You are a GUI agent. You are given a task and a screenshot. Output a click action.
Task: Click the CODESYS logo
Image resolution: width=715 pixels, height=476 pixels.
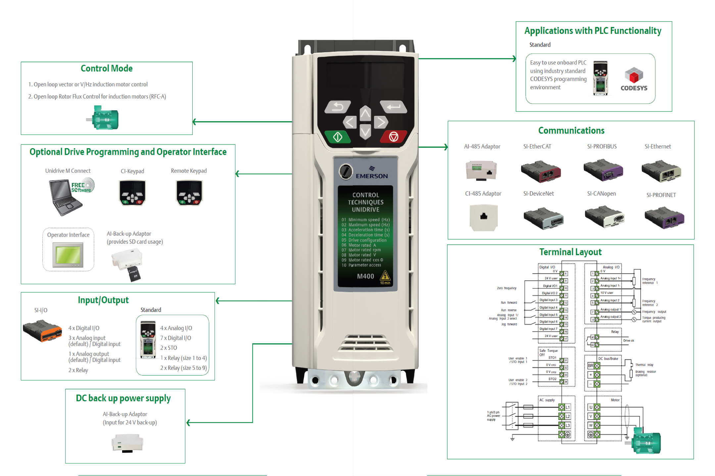pos(634,79)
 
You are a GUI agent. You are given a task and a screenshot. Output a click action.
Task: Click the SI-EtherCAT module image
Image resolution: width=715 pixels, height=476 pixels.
pos(541,171)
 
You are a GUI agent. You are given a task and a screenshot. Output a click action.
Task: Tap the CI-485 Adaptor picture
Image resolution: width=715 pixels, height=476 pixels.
pos(483,217)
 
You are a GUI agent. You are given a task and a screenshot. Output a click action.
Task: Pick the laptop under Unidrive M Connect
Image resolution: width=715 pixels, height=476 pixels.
pos(65,197)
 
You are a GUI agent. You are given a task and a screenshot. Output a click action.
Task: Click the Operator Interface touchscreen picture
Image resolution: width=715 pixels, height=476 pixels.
pos(68,255)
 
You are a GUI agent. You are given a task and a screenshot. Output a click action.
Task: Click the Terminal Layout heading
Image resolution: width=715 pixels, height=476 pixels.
pos(570,252)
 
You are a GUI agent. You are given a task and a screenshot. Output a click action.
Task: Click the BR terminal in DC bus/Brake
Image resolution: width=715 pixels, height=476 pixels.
pos(591,366)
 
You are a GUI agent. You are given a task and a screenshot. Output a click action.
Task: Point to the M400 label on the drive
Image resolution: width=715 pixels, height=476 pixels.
pos(365,276)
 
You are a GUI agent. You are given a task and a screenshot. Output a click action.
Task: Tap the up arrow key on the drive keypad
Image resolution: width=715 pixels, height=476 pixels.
pos(365,113)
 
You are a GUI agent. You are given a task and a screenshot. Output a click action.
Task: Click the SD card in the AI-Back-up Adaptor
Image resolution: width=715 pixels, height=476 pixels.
pos(134,274)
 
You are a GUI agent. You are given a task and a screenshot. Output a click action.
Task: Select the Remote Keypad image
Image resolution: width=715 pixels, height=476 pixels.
pos(189,193)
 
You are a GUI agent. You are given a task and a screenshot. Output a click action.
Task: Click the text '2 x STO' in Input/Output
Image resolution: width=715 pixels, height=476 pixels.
pos(168,348)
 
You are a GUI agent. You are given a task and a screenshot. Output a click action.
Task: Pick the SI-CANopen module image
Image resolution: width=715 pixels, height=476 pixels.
pos(604,217)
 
